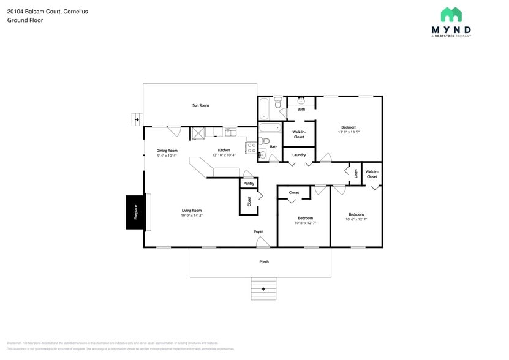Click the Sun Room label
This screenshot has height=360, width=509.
pyautogui.click(x=200, y=105)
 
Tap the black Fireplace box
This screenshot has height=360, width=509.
pyautogui.click(x=136, y=212)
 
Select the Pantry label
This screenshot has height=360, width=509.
pyautogui.click(x=249, y=183)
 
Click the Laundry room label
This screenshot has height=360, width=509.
pyautogui.click(x=299, y=155)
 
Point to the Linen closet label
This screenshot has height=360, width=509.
pyautogui.click(x=356, y=173)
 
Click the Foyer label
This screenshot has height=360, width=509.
pyautogui.click(x=259, y=231)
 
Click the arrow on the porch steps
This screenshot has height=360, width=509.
pyautogui.click(x=263, y=288)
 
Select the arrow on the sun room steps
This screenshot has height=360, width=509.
pyautogui.click(x=137, y=119)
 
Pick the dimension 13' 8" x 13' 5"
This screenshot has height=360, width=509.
pyautogui.click(x=349, y=132)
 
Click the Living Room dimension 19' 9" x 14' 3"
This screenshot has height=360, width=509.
pyautogui.click(x=192, y=216)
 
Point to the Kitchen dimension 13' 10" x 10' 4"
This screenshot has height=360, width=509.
pyautogui.click(x=224, y=156)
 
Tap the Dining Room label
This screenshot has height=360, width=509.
pyautogui.click(x=167, y=150)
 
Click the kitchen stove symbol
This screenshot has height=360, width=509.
pyautogui.click(x=251, y=147)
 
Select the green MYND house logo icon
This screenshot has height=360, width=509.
pyautogui.click(x=451, y=15)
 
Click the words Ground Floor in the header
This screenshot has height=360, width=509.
pyautogui.click(x=21, y=20)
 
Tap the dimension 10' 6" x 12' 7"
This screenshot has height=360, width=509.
pyautogui.click(x=356, y=219)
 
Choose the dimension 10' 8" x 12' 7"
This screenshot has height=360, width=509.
pyautogui.click(x=305, y=223)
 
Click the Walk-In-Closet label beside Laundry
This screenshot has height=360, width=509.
pyautogui.click(x=299, y=134)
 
